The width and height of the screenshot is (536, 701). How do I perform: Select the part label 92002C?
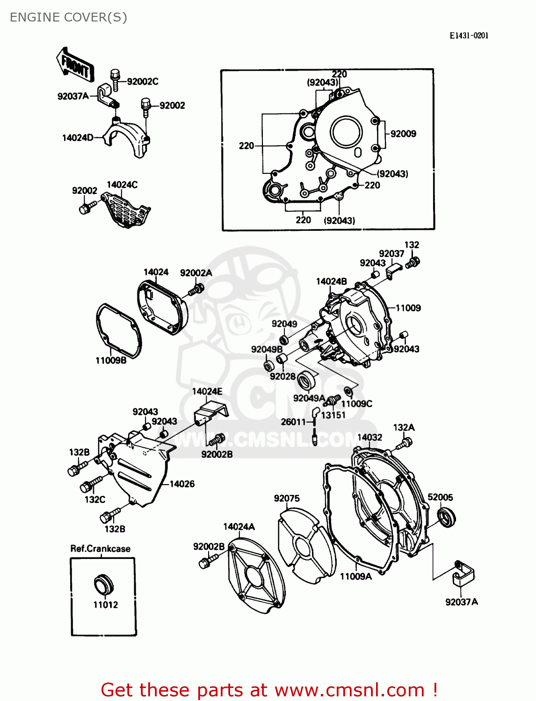[142, 81]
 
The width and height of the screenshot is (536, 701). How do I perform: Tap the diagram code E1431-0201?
[469, 36]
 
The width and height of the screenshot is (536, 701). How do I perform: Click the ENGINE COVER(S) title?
[68, 17]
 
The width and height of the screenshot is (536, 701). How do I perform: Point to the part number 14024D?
[78, 137]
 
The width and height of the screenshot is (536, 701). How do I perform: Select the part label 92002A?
[196, 273]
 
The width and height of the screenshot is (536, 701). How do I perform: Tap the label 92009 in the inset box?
[403, 134]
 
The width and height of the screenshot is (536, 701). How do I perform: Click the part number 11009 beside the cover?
[408, 308]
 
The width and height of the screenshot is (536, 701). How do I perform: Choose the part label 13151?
[333, 415]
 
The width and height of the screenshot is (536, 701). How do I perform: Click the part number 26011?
[293, 422]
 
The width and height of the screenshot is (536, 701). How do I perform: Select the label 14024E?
[207, 391]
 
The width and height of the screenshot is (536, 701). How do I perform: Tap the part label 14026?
[182, 484]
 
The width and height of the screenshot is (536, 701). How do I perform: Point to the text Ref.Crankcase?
[100, 549]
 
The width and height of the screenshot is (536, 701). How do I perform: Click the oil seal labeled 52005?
[446, 518]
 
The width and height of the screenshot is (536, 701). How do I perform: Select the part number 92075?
[287, 498]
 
